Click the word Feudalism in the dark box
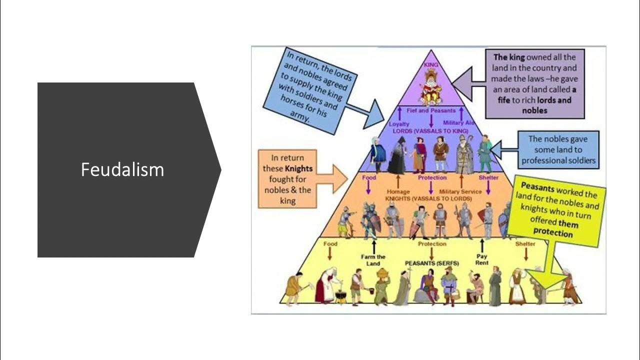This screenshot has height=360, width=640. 122,170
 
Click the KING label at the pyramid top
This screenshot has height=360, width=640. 430,65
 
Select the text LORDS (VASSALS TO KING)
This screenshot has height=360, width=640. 430,130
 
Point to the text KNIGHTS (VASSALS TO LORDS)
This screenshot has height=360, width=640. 428,198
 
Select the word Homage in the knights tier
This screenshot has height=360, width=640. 398,191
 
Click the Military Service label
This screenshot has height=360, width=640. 460,191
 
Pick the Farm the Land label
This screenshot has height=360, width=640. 373,260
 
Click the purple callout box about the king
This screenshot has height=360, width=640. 534,83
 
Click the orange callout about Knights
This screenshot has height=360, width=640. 287,178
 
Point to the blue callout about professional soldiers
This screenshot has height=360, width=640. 557,149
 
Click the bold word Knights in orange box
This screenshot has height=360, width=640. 298,168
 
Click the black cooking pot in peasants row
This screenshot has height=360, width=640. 340,297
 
